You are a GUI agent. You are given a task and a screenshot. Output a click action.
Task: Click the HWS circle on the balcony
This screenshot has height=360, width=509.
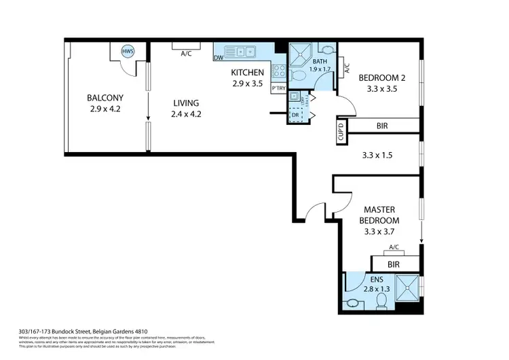tap(127, 52)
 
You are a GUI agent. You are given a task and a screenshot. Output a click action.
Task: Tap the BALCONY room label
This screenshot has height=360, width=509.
tap(104, 103)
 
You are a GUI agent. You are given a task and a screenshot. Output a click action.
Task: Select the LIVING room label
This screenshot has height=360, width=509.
tap(185, 109)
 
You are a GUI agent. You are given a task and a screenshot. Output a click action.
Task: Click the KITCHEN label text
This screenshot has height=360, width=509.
tap(247, 73)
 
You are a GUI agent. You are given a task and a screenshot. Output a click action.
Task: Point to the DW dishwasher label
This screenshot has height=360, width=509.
tap(219, 58)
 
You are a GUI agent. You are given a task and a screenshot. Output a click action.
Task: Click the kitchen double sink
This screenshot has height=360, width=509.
tap(242, 50)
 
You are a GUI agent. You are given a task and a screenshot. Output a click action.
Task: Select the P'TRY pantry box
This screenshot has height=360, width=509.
tap(278, 88)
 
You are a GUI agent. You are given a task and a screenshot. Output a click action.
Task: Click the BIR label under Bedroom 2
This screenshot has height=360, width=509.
tap(383, 126)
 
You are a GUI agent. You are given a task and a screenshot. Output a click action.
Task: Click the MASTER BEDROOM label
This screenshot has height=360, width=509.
tap(379, 215)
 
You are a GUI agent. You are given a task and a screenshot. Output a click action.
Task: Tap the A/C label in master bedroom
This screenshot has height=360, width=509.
tap(393, 249)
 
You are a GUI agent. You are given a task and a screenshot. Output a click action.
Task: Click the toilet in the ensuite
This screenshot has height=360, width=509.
tap(381, 300)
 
